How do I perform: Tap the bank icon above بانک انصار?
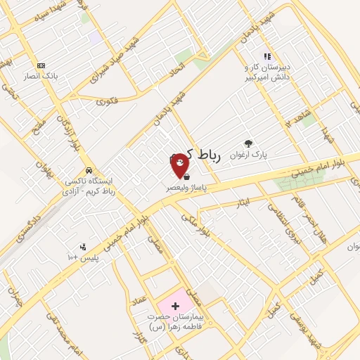point(41,65)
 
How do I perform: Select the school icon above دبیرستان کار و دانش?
point(267,56)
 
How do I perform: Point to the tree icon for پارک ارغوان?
point(247,143)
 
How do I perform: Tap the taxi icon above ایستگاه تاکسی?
point(88,170)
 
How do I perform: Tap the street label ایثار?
point(243,202)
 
